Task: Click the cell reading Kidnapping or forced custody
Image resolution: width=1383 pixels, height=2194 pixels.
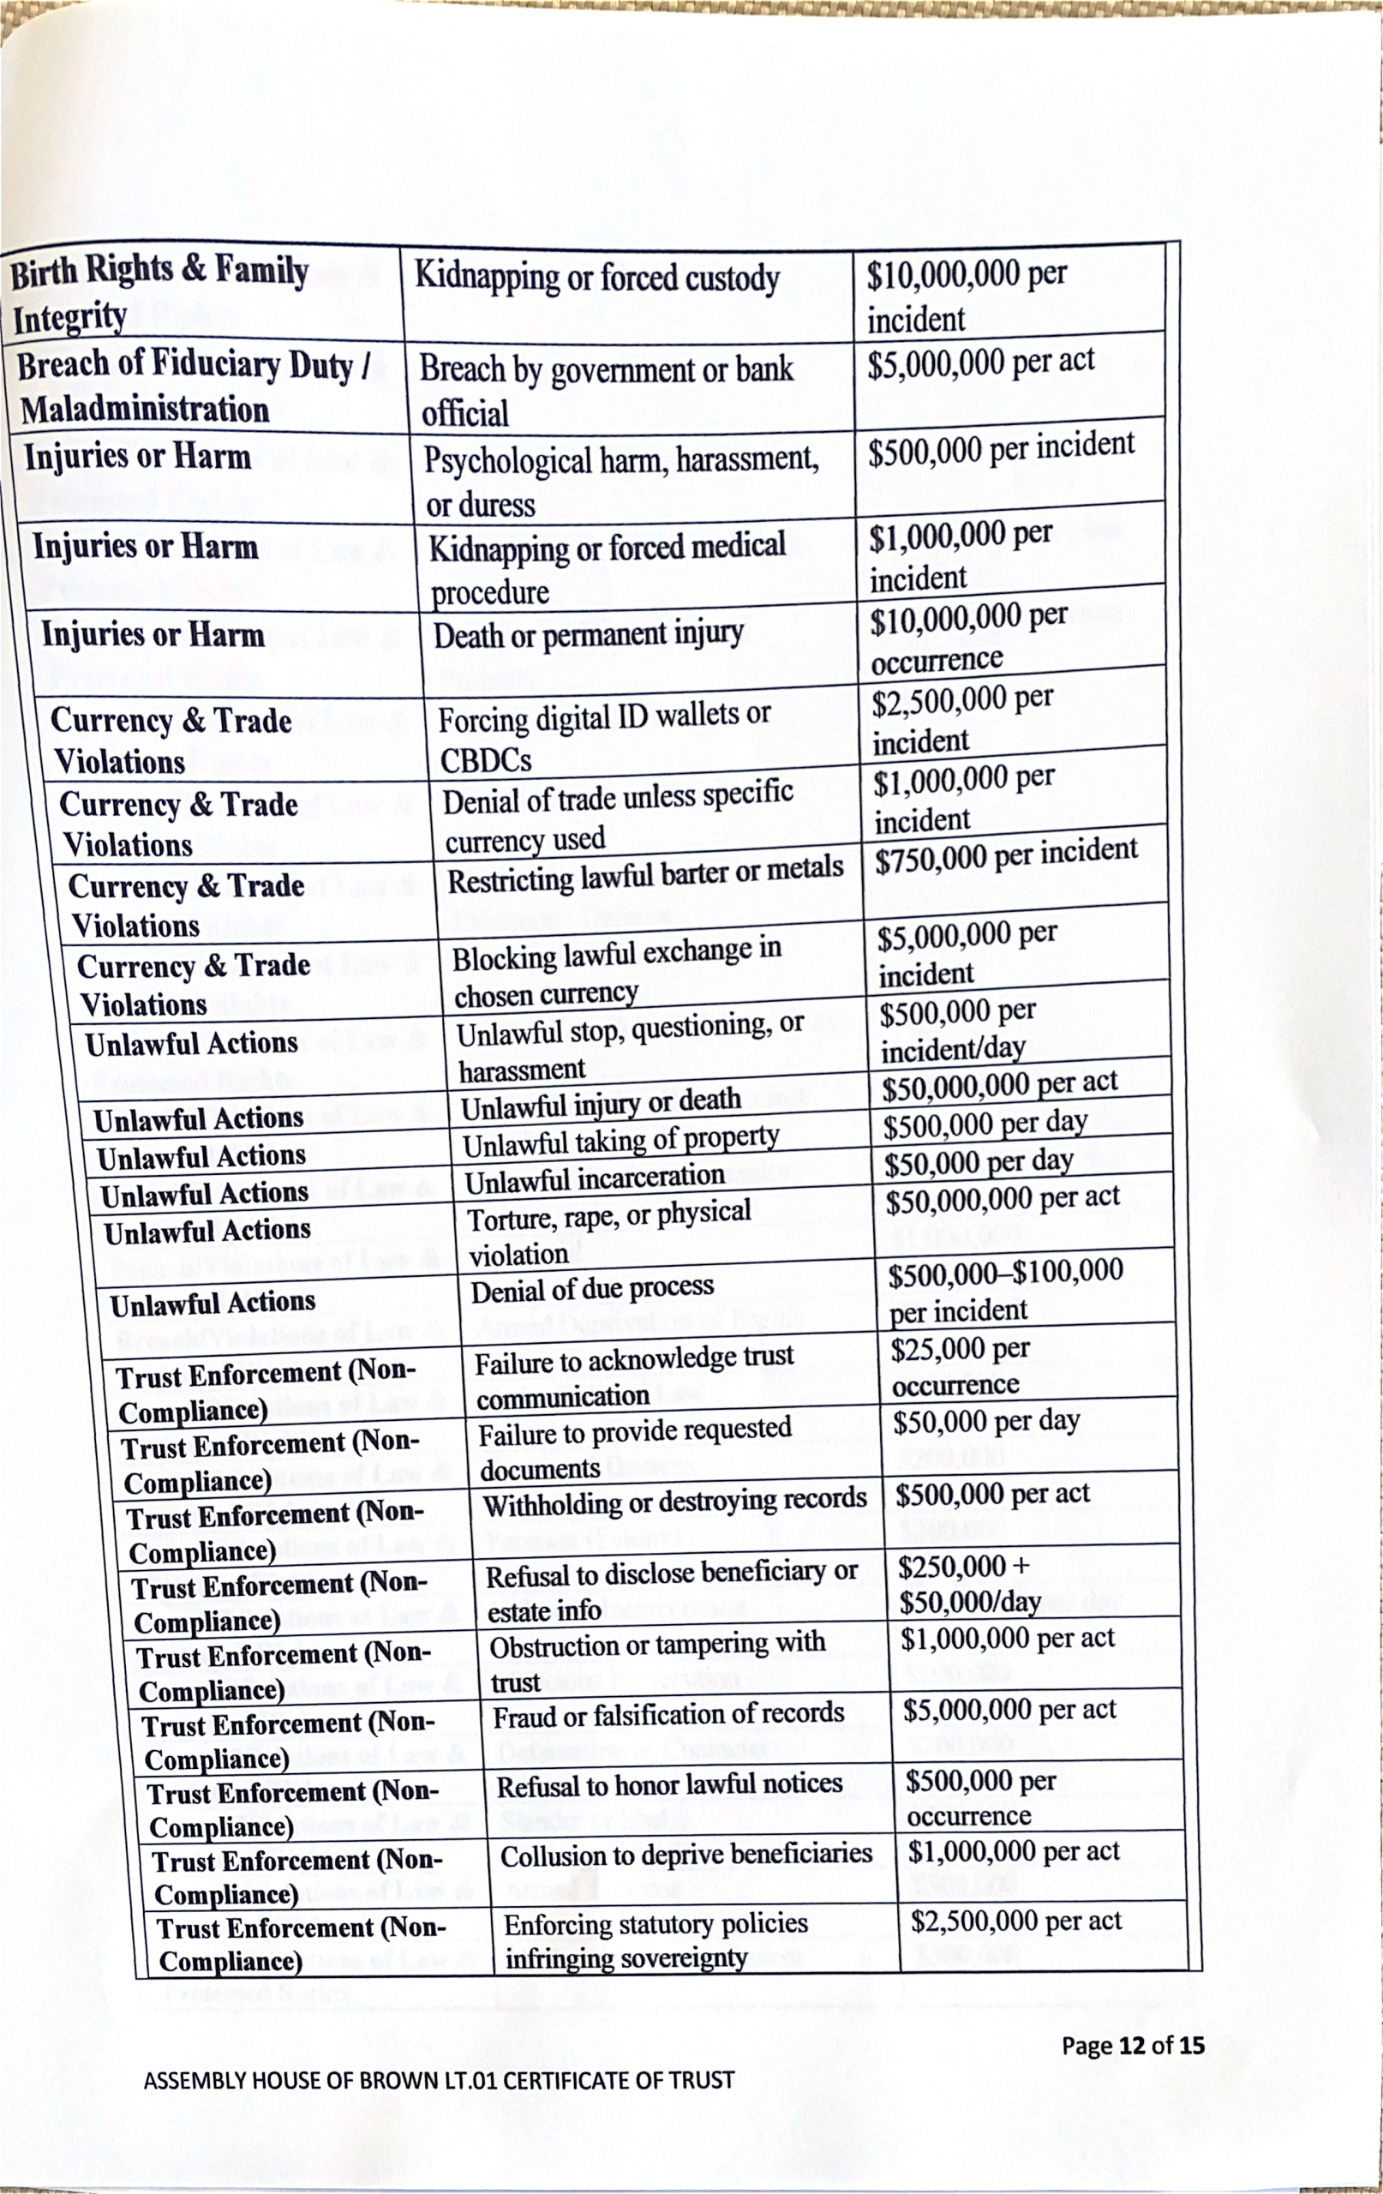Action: [x=596, y=277]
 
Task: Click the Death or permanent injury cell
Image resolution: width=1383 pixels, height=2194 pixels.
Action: [x=589, y=634]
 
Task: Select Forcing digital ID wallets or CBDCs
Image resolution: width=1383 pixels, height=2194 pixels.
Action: [x=604, y=736]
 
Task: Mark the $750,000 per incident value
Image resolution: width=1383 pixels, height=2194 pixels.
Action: [x=1006, y=854]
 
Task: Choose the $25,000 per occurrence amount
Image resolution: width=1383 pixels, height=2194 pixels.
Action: [x=961, y=1366]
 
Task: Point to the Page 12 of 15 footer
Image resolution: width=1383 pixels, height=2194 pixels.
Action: [x=1132, y=2046]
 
